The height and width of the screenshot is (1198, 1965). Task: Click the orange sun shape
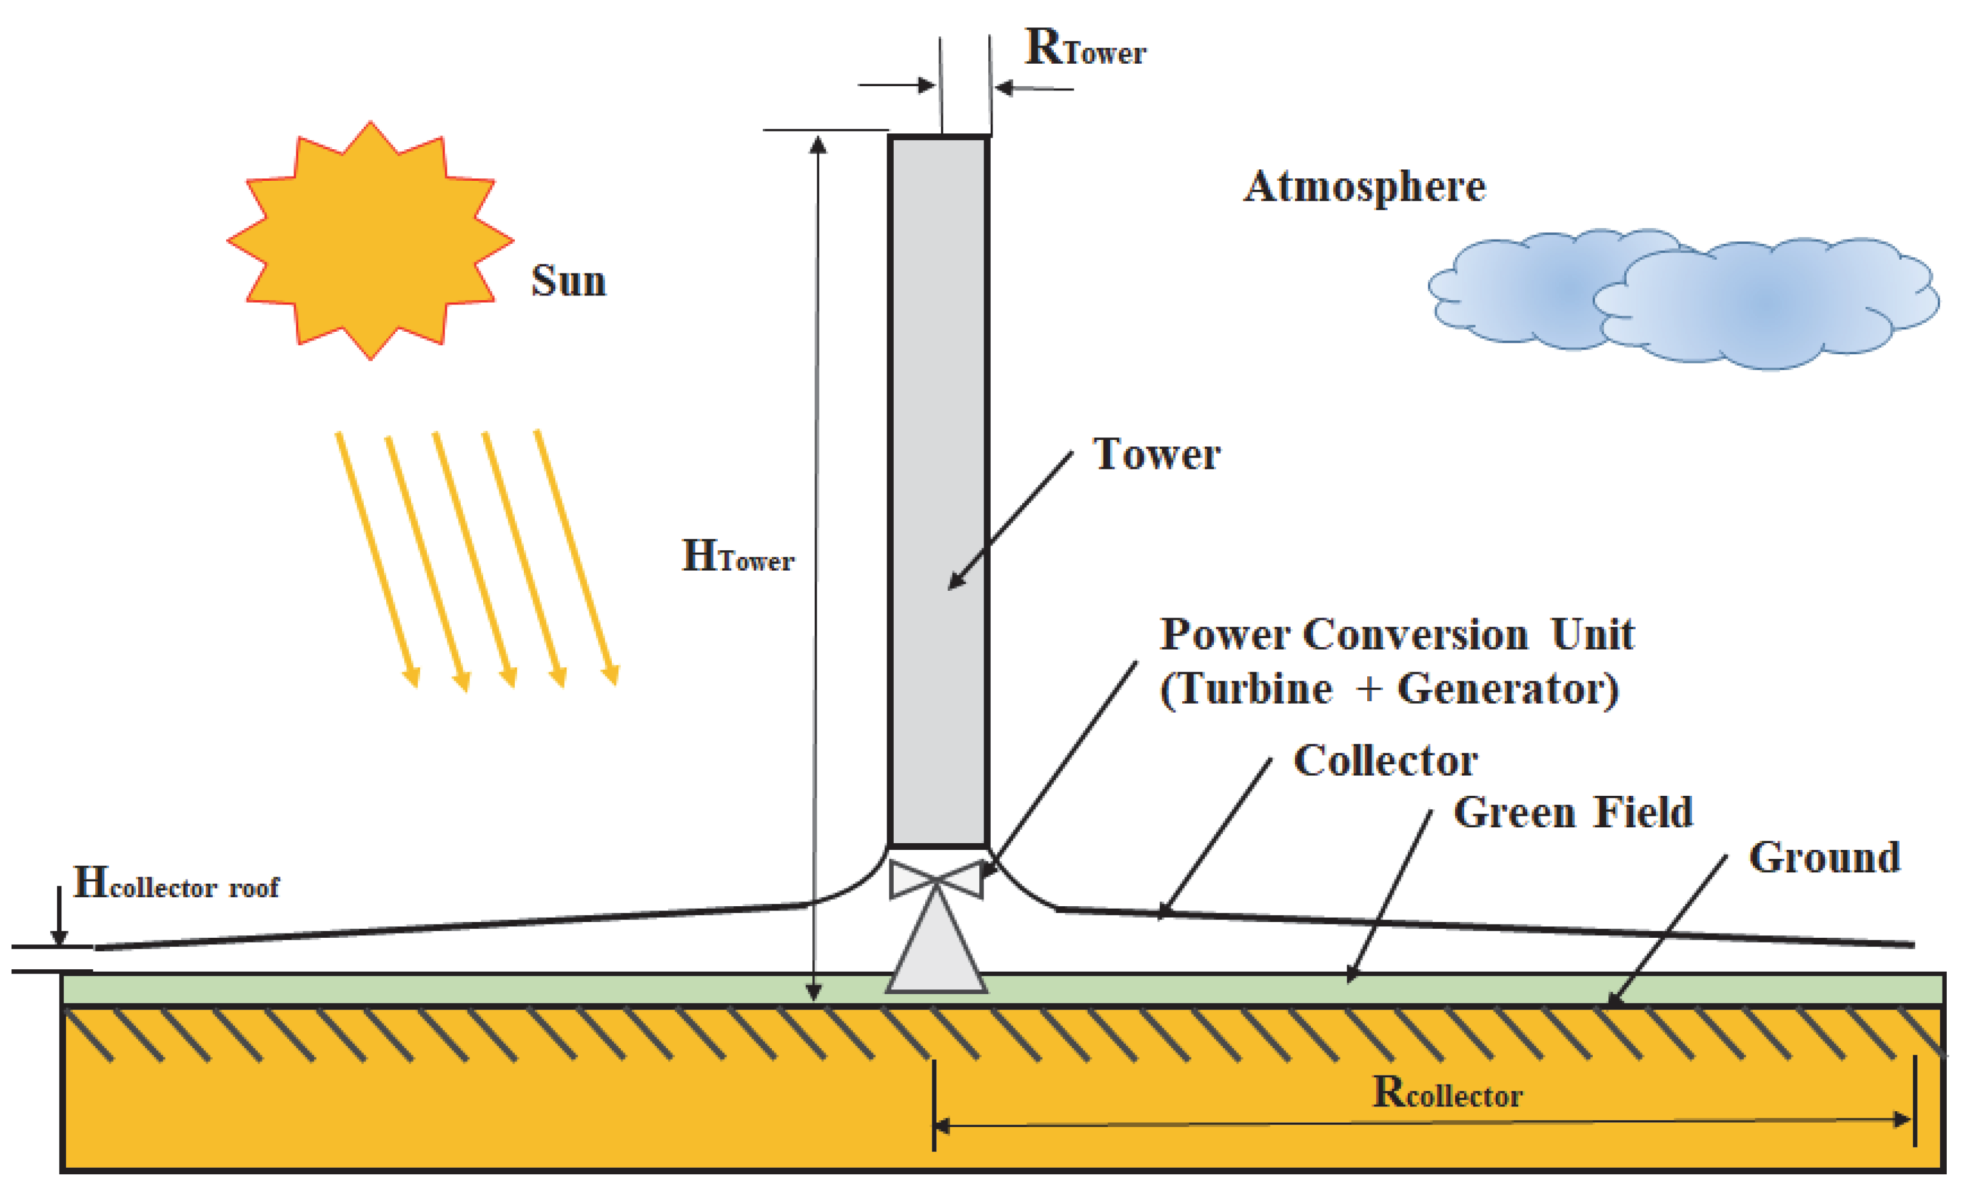(x=370, y=241)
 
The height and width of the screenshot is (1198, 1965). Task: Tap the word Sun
(x=569, y=281)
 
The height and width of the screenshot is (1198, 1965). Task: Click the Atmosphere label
(x=1365, y=187)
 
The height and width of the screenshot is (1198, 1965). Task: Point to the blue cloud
(x=1682, y=299)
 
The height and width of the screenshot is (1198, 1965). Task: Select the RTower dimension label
(x=1085, y=48)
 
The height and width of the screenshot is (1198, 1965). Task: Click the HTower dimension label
(x=738, y=556)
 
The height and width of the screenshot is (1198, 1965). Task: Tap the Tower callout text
(x=1156, y=455)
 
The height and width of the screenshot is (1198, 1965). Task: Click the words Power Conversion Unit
(x=1396, y=636)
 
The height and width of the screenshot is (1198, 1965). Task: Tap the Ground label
(x=1824, y=858)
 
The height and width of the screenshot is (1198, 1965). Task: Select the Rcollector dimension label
(x=1447, y=1092)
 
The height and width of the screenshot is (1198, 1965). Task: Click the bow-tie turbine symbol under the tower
(x=936, y=880)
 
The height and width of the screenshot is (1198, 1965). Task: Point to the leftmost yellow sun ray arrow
(x=377, y=558)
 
